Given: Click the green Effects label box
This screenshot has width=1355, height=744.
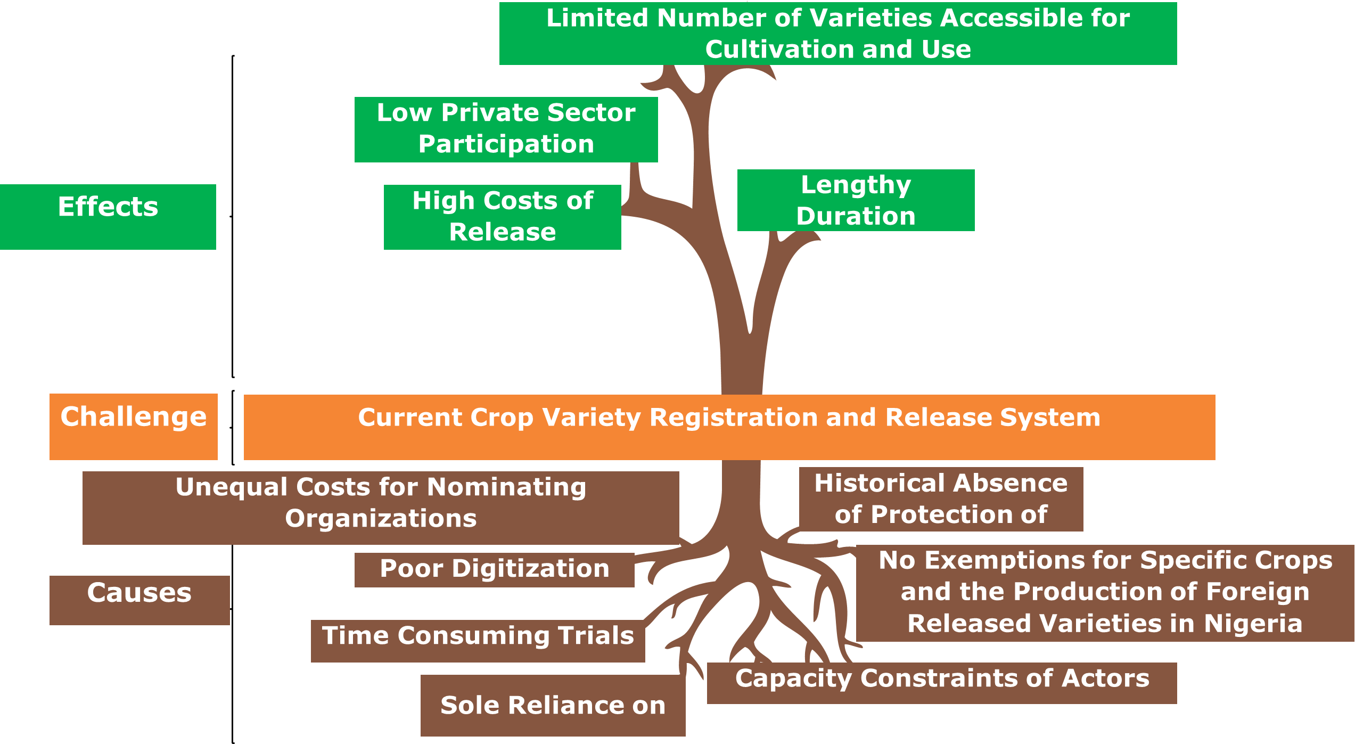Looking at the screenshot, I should pyautogui.click(x=108, y=217).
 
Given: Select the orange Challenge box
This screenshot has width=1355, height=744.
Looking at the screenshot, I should pyautogui.click(x=133, y=426).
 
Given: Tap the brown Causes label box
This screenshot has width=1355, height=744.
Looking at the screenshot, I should pyautogui.click(x=139, y=600).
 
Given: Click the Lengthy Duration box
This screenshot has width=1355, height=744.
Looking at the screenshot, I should pyautogui.click(x=856, y=200).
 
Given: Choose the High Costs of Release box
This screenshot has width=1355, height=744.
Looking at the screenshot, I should pyautogui.click(x=502, y=217).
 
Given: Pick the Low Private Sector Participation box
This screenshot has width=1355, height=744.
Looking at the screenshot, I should pyautogui.click(x=506, y=129).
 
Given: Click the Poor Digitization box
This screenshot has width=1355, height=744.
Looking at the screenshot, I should pyautogui.click(x=494, y=569).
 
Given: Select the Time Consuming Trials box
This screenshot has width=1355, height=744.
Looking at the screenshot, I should pyautogui.click(x=478, y=640).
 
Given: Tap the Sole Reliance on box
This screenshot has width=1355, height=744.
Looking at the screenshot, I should pyautogui.click(x=553, y=706).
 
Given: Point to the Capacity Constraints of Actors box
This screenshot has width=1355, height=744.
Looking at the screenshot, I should pyautogui.click(x=941, y=682).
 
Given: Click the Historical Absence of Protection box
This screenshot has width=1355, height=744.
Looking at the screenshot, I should pyautogui.click(x=941, y=499).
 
